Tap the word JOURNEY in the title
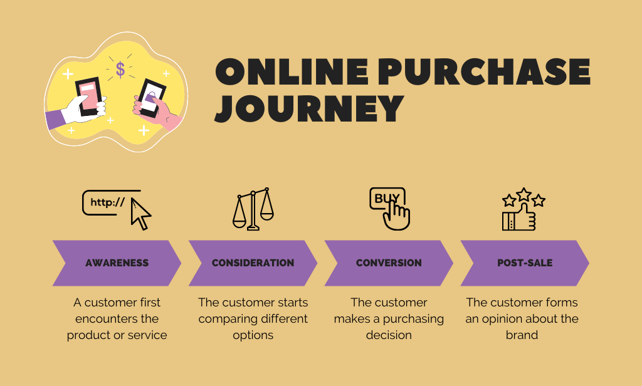click(x=308, y=108)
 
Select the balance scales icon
click(x=253, y=209)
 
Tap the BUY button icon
click(x=387, y=199)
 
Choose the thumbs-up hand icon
click(x=520, y=218)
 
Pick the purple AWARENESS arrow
click(x=117, y=263)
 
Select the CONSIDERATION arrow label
click(x=253, y=263)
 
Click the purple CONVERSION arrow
click(x=389, y=263)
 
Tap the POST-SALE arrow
click(x=525, y=263)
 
